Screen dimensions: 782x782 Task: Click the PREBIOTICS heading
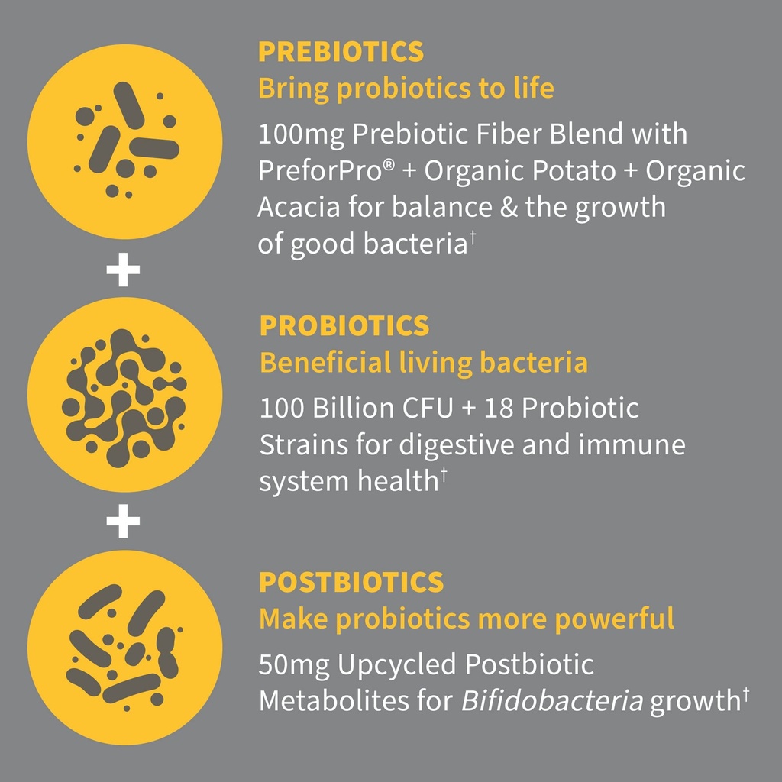(341, 52)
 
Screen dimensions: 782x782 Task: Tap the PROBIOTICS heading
(344, 326)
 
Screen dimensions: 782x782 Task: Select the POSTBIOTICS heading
(351, 583)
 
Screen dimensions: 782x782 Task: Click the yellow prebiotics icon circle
(124, 141)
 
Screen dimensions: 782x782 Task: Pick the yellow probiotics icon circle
(124, 395)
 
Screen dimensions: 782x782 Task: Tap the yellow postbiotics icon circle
(124, 648)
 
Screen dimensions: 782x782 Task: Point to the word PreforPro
(320, 171)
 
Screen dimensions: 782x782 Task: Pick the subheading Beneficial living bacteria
(424, 363)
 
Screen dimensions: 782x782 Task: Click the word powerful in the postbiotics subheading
(614, 619)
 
